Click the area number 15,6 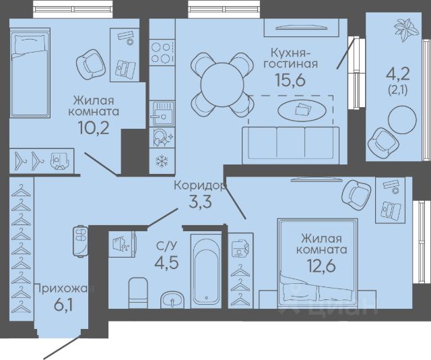pos(290,80)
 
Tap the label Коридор pos(200,186)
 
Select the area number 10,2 pos(94,127)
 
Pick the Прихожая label pos(65,289)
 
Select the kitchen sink pos(162,113)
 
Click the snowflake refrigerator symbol pos(162,161)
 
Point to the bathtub pos(207,271)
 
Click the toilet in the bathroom pos(138,293)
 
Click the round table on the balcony pos(402,120)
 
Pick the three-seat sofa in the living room pos(290,146)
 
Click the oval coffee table pos(302,110)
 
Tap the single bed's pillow pos(29,44)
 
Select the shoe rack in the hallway pos(80,241)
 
